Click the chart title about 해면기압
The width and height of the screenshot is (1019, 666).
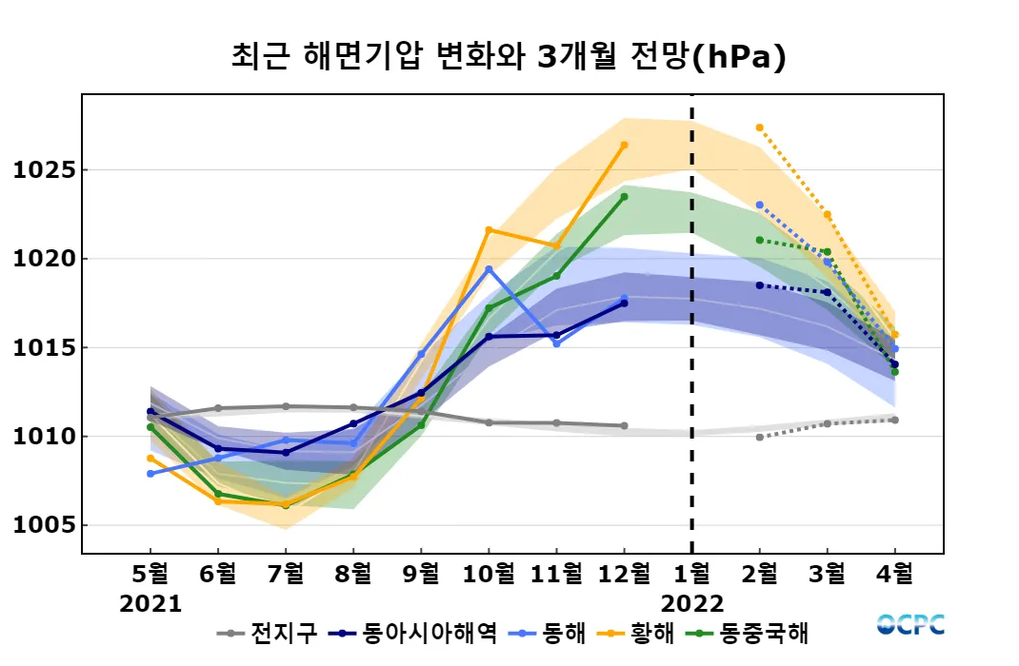pos(509,57)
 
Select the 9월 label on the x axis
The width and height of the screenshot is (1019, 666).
pos(421,574)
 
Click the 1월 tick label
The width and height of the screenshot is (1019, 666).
pos(691,574)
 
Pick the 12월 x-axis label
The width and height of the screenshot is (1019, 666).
pos(624,574)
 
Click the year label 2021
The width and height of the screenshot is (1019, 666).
pos(150,603)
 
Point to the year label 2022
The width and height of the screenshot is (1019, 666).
pos(691,603)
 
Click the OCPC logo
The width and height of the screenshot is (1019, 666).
pos(910,624)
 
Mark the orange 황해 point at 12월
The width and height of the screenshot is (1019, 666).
pos(624,145)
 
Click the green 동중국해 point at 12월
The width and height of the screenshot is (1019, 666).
pos(624,197)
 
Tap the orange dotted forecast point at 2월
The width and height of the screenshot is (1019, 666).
pos(759,127)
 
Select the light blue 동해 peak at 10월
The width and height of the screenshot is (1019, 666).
pos(489,269)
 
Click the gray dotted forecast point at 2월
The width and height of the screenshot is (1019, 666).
pos(759,437)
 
